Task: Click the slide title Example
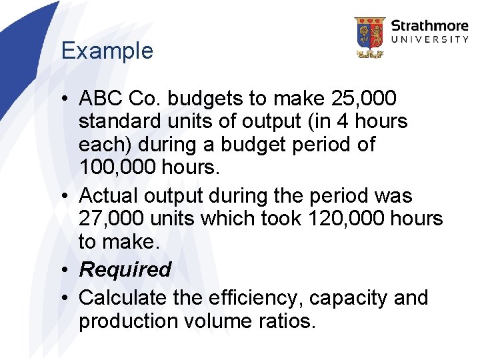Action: tap(107, 51)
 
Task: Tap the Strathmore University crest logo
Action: tap(369, 37)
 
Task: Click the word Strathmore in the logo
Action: tap(429, 26)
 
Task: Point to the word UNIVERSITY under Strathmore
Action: tap(429, 40)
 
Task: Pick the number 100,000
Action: tap(117, 167)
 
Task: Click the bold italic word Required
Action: tap(125, 269)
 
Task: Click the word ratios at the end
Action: tap(285, 321)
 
